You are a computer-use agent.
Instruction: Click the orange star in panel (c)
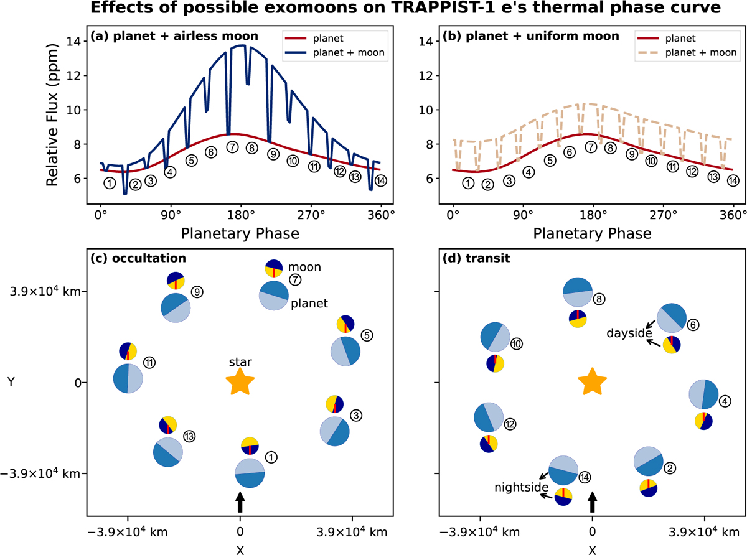click(x=240, y=381)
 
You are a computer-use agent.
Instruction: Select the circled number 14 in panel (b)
click(x=733, y=180)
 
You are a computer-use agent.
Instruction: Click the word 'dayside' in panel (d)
click(x=624, y=333)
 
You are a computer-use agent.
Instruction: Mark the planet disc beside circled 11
click(x=128, y=378)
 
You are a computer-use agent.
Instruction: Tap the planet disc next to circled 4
click(x=704, y=394)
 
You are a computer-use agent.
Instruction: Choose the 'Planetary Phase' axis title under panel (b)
click(x=593, y=234)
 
